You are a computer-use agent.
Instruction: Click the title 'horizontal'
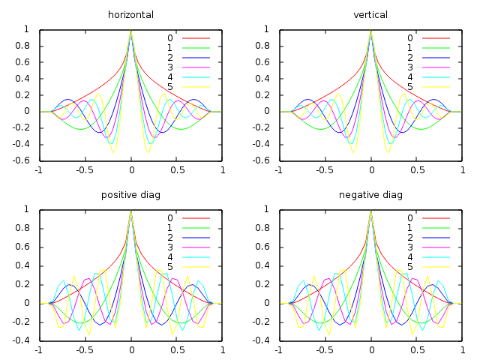131,15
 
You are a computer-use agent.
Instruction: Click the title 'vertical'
371,15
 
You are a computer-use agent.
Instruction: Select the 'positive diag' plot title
131,195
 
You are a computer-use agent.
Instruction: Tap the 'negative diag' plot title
371,195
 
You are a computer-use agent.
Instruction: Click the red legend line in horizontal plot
196,38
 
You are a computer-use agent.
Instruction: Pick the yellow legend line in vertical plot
436,87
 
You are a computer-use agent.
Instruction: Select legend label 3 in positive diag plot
170,247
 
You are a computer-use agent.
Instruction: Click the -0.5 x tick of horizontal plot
84,170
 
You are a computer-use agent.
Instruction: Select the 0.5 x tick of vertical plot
417,170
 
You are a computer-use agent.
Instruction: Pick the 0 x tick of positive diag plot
131,350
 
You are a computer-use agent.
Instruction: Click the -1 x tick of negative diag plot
278,350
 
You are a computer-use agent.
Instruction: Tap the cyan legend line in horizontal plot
196,77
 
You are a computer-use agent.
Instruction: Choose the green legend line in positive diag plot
196,227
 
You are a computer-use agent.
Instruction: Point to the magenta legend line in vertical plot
436,67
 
